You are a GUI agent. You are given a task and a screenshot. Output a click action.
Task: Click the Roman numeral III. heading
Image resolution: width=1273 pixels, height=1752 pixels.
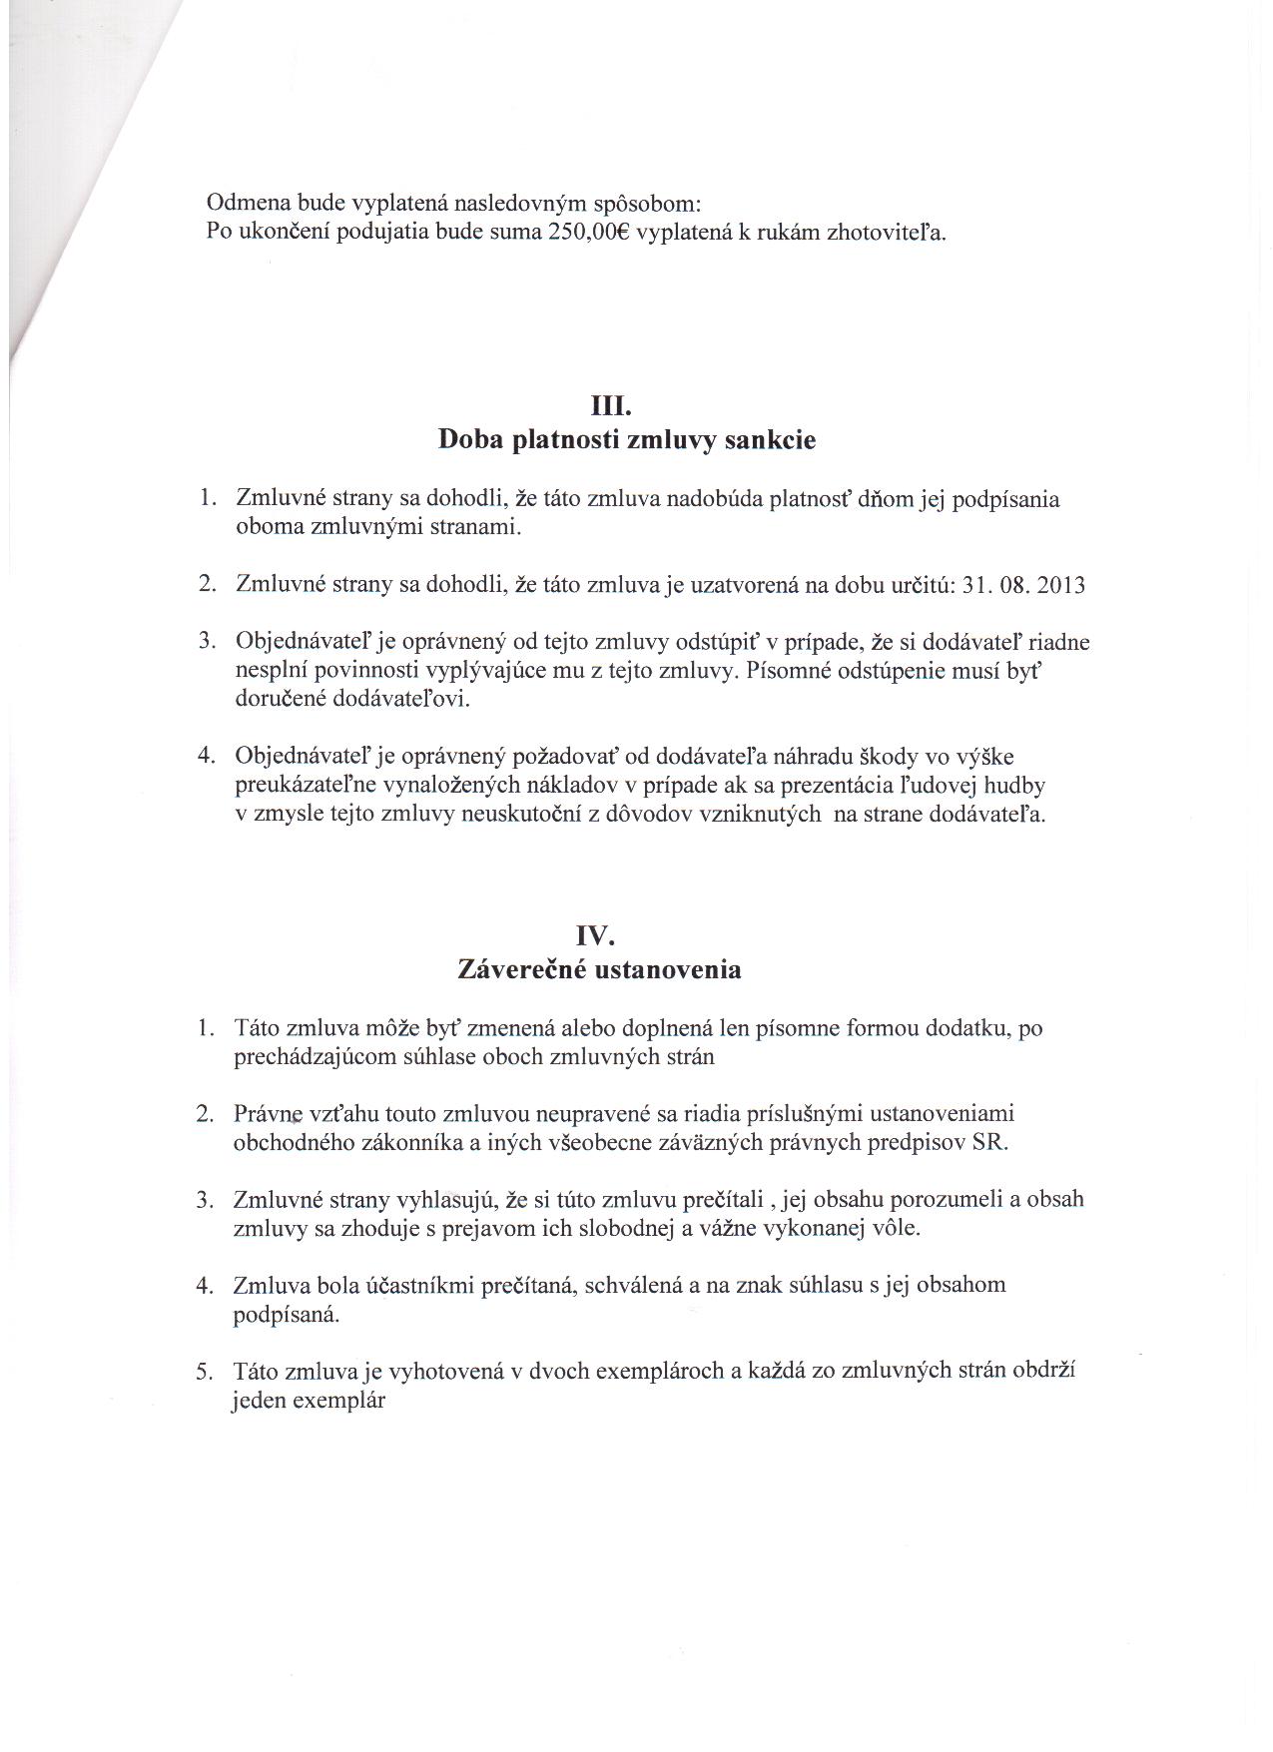click(x=612, y=407)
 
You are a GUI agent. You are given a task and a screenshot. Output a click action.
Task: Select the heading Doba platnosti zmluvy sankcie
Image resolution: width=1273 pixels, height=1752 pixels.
click(x=627, y=440)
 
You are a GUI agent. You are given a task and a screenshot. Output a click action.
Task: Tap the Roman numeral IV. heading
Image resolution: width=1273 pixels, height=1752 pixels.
click(x=598, y=935)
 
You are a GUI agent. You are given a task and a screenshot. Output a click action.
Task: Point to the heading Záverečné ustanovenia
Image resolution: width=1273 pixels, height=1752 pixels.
click(x=599, y=968)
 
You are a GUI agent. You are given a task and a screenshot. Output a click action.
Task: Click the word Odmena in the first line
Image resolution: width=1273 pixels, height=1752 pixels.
click(x=242, y=203)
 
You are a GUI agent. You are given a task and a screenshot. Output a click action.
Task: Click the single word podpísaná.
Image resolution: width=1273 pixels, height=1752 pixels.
click(x=287, y=1315)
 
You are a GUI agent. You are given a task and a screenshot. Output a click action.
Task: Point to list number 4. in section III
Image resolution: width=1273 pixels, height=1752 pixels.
click(x=207, y=756)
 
